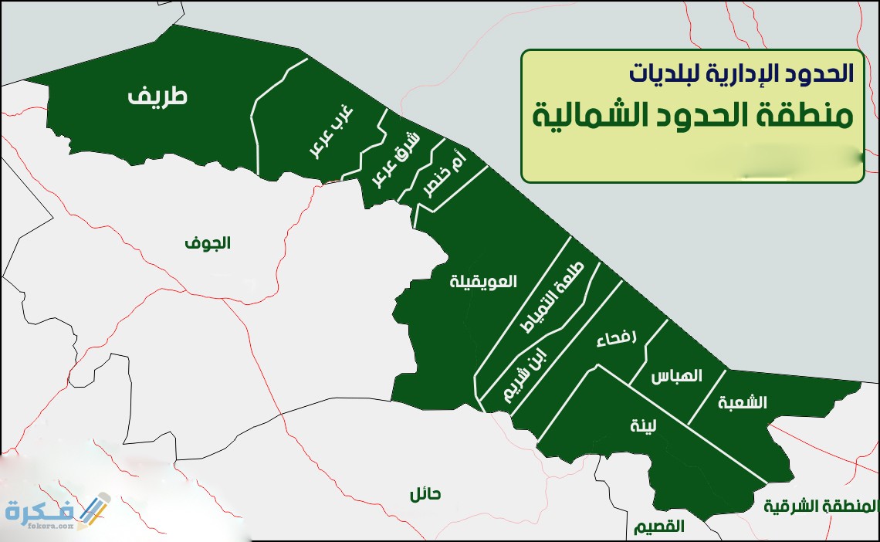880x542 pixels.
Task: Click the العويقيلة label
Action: pyautogui.click(x=483, y=281)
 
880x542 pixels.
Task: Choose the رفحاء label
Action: pyautogui.click(x=618, y=339)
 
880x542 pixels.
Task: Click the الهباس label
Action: pyautogui.click(x=676, y=377)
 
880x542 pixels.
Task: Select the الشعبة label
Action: pyautogui.click(x=742, y=402)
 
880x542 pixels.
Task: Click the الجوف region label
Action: pyautogui.click(x=207, y=243)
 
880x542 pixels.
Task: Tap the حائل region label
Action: pyautogui.click(x=425, y=495)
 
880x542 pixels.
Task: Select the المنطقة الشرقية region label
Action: pyautogui.click(x=821, y=506)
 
